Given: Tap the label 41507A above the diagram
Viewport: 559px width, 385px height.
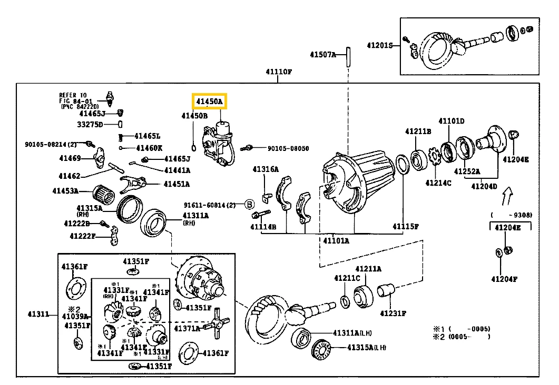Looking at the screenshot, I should tap(322, 54).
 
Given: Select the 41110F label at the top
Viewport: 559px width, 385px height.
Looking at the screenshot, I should tap(279, 72).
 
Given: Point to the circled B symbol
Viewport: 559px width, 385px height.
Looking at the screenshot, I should tap(250, 204).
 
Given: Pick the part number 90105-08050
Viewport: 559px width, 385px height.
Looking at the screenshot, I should tap(288, 149).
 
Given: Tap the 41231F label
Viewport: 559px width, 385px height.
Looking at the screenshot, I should tap(393, 313).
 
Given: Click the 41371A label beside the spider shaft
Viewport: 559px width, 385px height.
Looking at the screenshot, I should tap(189, 328).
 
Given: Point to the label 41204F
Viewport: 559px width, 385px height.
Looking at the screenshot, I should tap(504, 279).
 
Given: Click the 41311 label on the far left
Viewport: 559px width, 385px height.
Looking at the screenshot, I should tap(38, 315).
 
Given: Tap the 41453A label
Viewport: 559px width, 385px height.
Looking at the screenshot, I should tap(65, 191).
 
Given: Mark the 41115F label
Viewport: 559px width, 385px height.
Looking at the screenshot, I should tap(405, 227).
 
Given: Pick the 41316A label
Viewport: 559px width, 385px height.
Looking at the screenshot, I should tap(265, 169).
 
